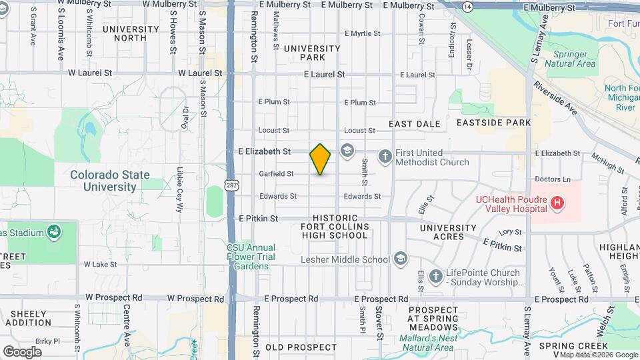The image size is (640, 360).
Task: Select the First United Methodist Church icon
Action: [385, 157]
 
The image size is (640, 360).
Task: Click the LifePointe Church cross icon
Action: [436, 275]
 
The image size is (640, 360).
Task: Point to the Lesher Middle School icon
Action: [400, 258]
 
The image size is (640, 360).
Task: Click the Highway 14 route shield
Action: [468, 6]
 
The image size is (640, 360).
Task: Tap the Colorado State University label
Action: [110, 181]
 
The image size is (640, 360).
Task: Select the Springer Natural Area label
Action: [569, 58]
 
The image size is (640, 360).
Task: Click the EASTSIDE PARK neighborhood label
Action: [493, 123]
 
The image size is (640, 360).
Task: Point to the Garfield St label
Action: [276, 174]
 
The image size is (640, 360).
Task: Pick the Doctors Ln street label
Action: [553, 179]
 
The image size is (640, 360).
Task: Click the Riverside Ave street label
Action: [555, 99]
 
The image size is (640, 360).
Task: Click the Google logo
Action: [22, 351]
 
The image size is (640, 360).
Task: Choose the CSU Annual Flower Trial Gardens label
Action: [247, 256]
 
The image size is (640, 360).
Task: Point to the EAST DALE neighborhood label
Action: [414, 124]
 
